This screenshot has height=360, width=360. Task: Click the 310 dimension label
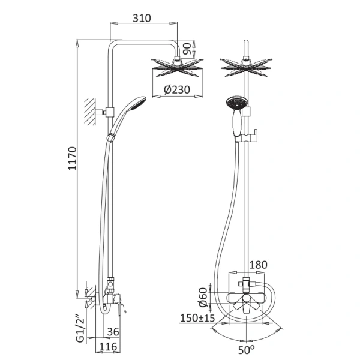coord(142,18)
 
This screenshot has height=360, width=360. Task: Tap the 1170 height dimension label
coord(73,158)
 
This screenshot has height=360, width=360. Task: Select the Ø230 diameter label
coord(177,89)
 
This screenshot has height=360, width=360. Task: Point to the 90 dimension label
coord(187,49)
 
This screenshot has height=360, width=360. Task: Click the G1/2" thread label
coord(80,329)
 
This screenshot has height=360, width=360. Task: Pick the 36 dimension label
coord(113,332)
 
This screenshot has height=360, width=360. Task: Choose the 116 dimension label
coord(108,347)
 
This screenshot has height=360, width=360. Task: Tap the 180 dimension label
coord(258,265)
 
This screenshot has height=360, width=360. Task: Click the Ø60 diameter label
coord(203,298)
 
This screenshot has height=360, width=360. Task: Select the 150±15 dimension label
coord(197,318)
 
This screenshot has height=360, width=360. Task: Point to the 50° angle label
coord(246,350)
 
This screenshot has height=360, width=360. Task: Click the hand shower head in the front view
coord(237,103)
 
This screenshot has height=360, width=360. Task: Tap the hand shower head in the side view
coord(137,103)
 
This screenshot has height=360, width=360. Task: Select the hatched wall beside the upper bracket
coord(90,112)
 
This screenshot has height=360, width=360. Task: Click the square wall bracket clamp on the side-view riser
coord(110,112)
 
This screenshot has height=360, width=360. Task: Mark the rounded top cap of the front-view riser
coord(246,43)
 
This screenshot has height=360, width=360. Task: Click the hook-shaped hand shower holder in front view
coord(251,136)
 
